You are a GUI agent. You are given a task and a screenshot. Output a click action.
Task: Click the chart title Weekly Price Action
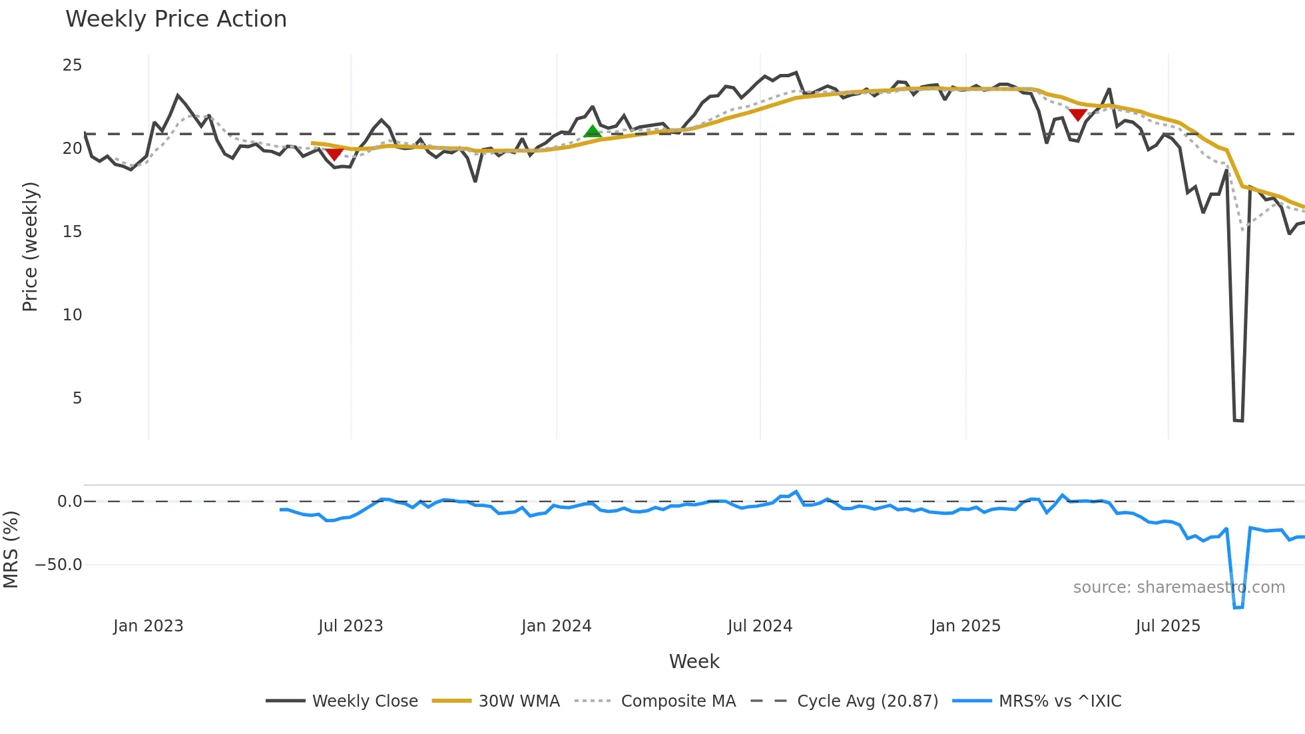[x=176, y=19]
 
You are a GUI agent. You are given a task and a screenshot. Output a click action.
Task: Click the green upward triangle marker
[x=593, y=131]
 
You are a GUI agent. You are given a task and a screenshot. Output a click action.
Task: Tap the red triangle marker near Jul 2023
[x=334, y=154]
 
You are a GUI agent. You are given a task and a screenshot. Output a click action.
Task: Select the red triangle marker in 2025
[x=1078, y=115]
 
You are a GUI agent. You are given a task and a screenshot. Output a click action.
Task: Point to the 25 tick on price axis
[x=72, y=65]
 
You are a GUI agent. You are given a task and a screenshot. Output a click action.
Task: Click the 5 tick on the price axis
[x=77, y=398]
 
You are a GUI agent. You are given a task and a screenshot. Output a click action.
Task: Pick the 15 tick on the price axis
[x=72, y=232]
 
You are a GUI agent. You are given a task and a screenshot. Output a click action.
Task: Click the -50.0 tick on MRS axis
[x=59, y=565]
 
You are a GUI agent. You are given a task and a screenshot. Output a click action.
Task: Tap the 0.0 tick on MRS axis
[x=69, y=502]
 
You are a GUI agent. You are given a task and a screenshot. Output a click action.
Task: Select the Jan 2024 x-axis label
[x=556, y=626]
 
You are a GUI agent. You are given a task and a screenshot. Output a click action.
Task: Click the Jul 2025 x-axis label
[x=1168, y=626]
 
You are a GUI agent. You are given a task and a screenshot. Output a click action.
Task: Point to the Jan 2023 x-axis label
[x=148, y=626]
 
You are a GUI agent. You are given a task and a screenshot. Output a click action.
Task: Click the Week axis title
[x=694, y=661]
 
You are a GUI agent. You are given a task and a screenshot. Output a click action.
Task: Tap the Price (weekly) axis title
[x=31, y=246]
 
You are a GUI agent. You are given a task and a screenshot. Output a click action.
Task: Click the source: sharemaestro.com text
[x=1178, y=587]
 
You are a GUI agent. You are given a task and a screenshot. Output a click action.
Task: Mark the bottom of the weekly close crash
[x=1238, y=420]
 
